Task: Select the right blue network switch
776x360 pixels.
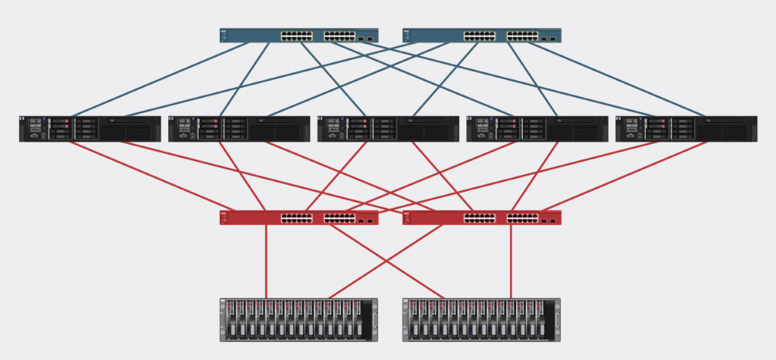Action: (x=481, y=36)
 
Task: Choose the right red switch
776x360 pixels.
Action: (x=481, y=218)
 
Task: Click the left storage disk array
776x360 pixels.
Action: (x=299, y=319)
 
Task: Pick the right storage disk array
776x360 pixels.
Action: (x=481, y=319)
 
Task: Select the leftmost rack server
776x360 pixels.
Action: (x=90, y=129)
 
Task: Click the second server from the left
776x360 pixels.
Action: (x=239, y=129)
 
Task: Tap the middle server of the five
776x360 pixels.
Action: (x=388, y=129)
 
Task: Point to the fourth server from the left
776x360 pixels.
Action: (x=537, y=129)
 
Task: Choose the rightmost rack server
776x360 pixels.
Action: (x=687, y=129)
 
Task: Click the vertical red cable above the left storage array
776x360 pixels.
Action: (x=266, y=261)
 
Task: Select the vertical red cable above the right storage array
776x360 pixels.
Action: (x=511, y=261)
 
